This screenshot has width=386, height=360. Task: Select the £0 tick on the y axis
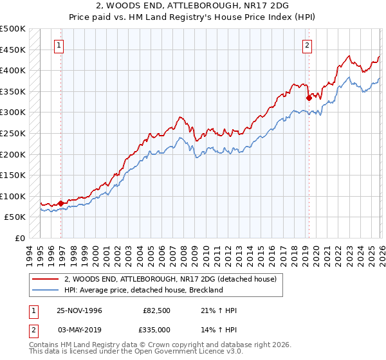[x=21, y=238]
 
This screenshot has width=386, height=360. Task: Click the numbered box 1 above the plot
[x=59, y=45]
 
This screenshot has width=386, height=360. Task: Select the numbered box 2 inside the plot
[x=308, y=45]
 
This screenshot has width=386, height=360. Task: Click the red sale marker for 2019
[x=309, y=98]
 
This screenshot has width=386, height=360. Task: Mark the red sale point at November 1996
[x=61, y=203]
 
